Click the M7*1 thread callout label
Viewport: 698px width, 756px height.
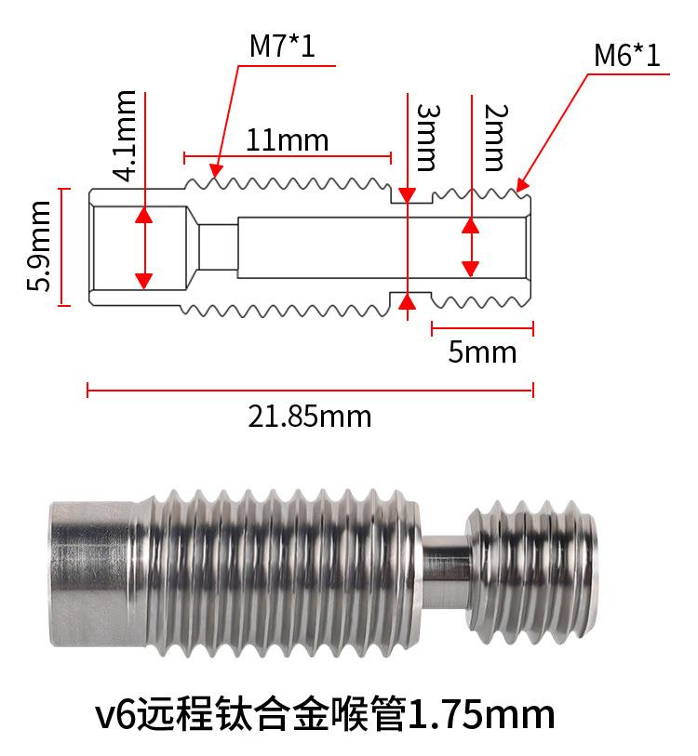[x=282, y=46]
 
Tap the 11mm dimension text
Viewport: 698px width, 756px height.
[x=287, y=140]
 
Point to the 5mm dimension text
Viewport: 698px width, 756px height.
[x=481, y=352]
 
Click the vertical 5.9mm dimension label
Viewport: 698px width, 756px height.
[x=39, y=247]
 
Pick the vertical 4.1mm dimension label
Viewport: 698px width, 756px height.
[x=123, y=134]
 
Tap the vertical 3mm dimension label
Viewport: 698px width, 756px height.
[x=425, y=138]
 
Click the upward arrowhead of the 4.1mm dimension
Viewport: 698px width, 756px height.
[x=143, y=215]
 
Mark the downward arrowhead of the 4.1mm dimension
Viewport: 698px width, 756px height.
[x=143, y=279]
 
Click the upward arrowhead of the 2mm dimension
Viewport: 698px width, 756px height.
[x=471, y=226]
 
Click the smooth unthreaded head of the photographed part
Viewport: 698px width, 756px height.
[x=93, y=571]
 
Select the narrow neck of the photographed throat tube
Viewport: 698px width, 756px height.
[x=444, y=568]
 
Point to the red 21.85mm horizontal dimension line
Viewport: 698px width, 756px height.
[x=309, y=391]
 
